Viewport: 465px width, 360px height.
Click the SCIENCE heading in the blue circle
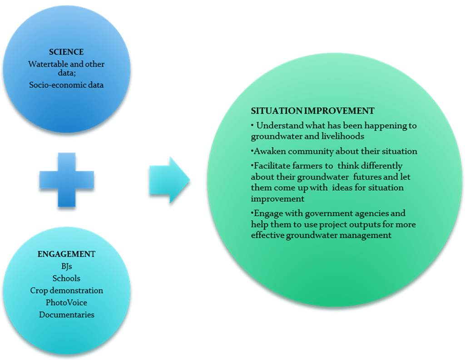coord(66,52)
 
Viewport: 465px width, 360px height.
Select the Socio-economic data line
coord(66,84)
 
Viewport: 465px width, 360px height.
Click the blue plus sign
coord(66,180)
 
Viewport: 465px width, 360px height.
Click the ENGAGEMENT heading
coord(66,254)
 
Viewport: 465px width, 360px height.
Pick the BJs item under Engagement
coord(66,266)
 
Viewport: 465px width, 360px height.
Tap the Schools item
coord(66,278)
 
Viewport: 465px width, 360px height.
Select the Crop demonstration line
coord(66,291)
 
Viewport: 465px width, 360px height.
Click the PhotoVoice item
coord(66,302)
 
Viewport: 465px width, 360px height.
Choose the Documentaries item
coord(66,315)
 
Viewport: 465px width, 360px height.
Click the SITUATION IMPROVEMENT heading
coord(313,111)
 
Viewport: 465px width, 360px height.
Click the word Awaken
coord(267,151)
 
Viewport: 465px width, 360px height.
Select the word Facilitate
coord(270,166)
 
